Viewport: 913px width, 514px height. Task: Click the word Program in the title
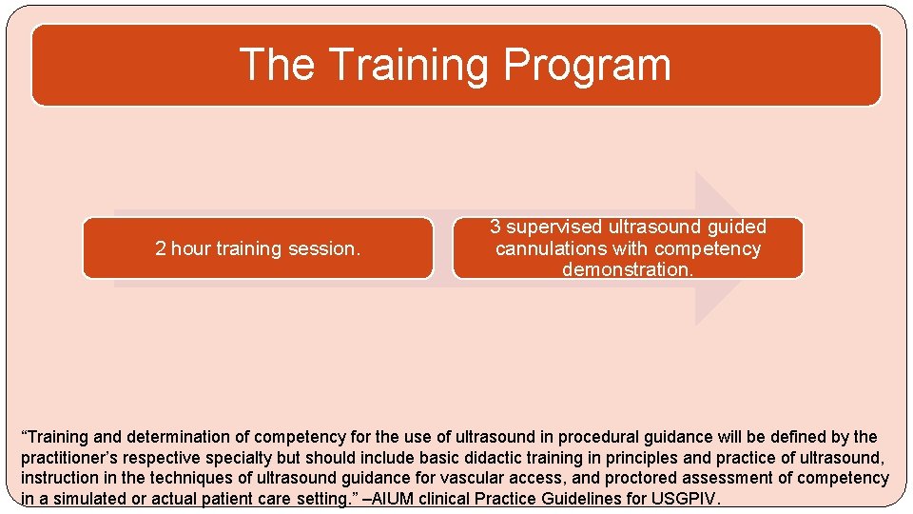click(587, 65)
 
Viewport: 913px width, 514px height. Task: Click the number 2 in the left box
click(160, 248)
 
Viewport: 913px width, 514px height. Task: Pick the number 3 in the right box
click(495, 227)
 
